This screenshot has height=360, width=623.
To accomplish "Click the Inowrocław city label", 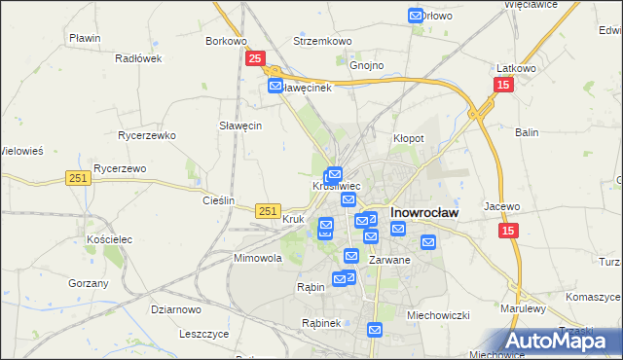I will (424, 211).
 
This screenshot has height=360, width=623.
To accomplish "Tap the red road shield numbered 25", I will (254, 59).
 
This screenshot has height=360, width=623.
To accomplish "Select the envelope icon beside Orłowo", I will (416, 16).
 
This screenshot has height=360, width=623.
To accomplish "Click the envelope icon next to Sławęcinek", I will (275, 87).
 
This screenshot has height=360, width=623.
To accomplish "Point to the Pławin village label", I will (86, 38).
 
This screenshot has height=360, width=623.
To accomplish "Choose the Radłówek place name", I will (137, 58).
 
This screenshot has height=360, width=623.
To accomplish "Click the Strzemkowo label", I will (322, 42).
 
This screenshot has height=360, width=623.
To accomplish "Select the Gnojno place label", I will (367, 66).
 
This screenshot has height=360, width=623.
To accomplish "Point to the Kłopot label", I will (408, 139).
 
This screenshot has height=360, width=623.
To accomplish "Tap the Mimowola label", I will (258, 259).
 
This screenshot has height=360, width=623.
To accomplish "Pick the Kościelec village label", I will (108, 238).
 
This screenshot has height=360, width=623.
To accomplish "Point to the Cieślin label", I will (218, 200).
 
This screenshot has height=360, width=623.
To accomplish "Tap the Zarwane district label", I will (390, 261).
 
